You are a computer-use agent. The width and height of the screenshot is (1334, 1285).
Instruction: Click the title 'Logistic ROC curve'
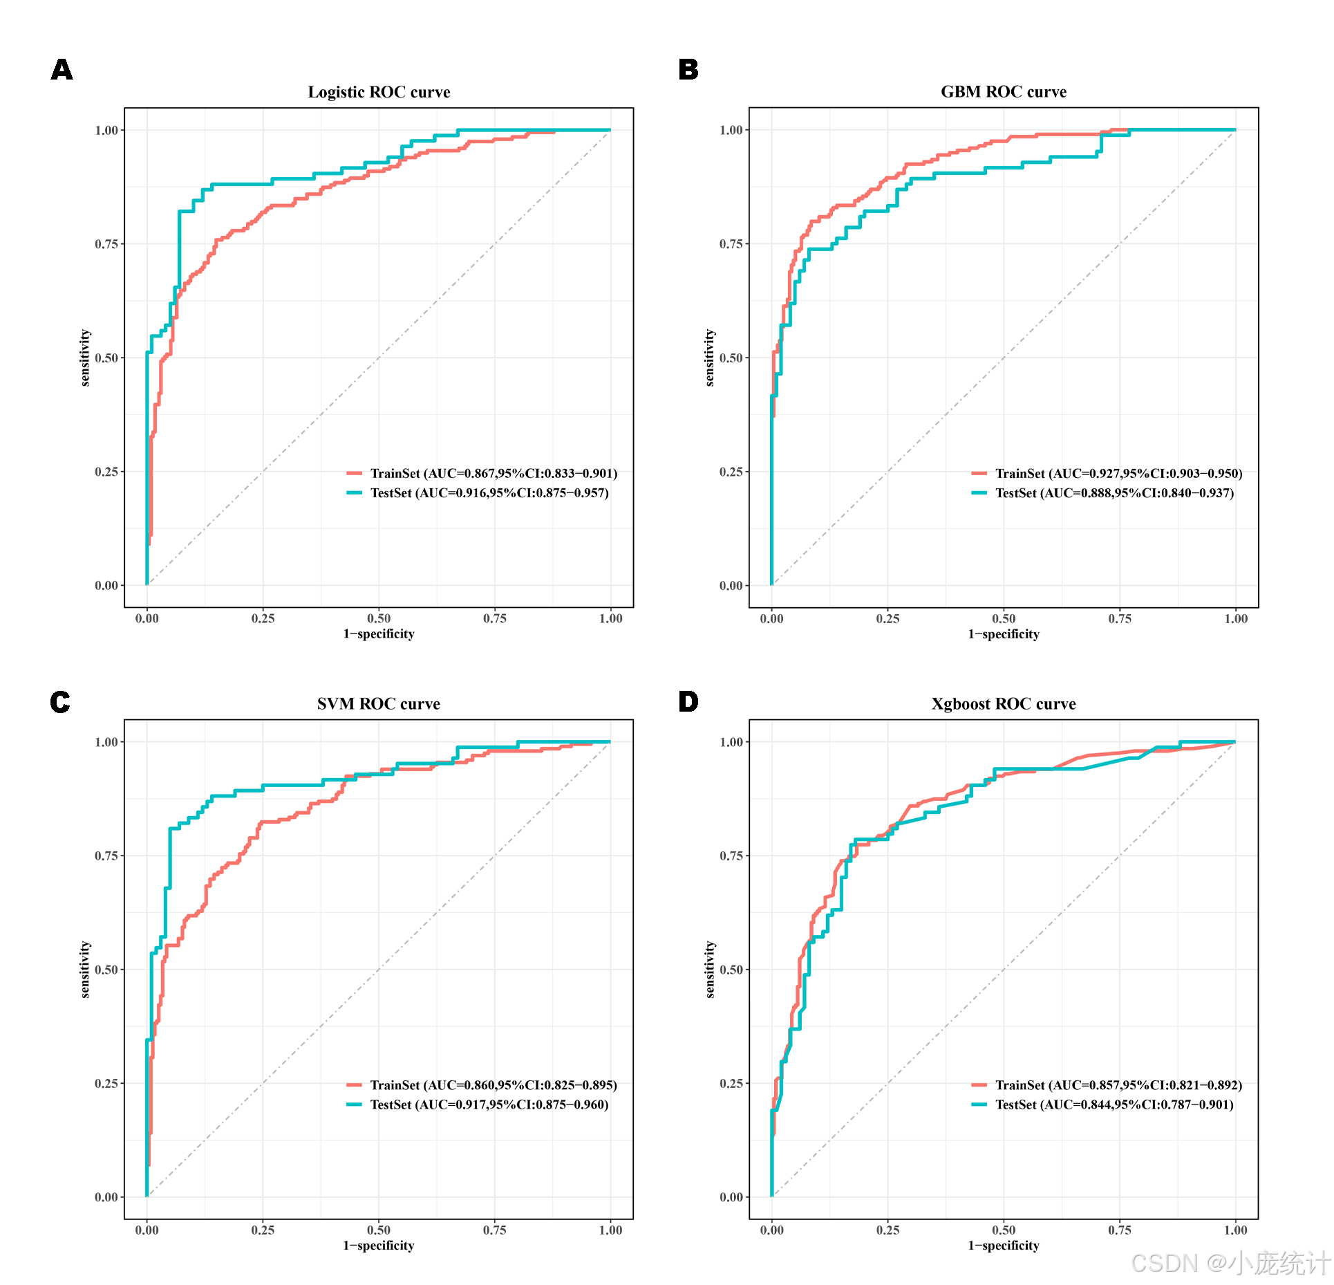point(379,92)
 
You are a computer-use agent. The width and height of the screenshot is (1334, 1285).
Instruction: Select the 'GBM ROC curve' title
point(1004,92)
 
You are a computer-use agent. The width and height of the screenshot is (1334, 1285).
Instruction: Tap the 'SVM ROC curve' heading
point(379,704)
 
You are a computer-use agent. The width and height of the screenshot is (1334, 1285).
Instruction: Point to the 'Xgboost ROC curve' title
point(1004,704)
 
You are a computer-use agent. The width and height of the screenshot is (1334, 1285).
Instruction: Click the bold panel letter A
point(62,70)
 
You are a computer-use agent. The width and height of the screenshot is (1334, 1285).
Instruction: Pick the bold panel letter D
point(688,702)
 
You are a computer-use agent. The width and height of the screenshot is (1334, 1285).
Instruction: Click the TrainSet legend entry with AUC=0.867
point(482,474)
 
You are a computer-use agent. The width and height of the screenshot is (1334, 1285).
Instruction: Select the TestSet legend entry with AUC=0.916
point(478,493)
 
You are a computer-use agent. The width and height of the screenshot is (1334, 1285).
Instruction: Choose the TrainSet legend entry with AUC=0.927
point(1107,474)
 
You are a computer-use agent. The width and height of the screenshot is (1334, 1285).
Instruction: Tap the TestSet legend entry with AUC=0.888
point(1102,493)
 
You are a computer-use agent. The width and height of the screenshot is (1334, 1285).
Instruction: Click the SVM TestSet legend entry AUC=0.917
point(478,1105)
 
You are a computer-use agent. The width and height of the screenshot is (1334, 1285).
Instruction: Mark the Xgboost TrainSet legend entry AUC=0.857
point(1107,1086)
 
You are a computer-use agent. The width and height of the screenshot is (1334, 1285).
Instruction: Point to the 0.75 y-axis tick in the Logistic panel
point(106,244)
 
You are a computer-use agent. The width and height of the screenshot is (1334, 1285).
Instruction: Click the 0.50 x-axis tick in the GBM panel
point(1004,619)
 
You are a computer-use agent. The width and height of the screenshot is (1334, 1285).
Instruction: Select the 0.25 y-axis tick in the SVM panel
point(106,1084)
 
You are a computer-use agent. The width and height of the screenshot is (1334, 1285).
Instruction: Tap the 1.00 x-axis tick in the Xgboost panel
point(1236,1230)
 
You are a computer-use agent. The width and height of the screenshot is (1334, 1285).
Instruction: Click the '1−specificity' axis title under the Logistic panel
point(379,634)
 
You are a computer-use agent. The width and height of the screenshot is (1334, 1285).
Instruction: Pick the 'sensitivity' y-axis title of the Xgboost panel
point(710,970)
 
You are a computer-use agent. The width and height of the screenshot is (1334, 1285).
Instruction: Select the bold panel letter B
point(688,70)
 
